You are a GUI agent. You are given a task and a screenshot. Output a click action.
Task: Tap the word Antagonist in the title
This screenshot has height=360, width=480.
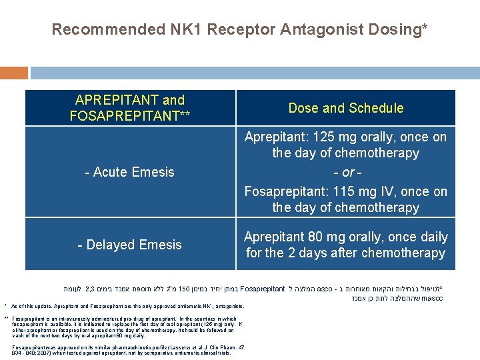[304, 29]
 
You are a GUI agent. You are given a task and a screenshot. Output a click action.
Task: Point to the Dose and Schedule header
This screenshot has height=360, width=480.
[345, 108]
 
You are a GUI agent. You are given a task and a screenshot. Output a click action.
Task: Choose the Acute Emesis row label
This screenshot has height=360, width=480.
[129, 172]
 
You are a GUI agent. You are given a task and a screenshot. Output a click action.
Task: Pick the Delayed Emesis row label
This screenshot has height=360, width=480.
[129, 245]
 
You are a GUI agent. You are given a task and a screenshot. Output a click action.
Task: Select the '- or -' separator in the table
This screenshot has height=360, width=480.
[345, 172]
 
